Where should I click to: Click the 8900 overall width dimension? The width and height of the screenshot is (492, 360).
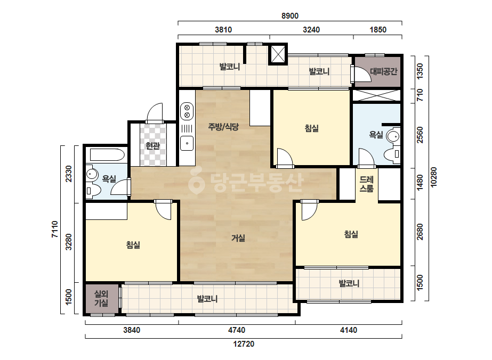289,15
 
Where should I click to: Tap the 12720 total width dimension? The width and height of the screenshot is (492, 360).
244,344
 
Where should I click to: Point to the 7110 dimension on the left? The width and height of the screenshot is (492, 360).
55,229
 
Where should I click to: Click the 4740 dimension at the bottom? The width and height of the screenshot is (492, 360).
237,330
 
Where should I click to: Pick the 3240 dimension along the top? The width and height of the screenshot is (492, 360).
311,30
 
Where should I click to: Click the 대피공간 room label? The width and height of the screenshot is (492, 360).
383,71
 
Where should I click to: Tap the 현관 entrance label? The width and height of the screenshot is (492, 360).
153,146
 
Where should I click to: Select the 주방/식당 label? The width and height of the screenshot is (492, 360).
223,127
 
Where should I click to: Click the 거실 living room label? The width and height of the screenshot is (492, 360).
238,239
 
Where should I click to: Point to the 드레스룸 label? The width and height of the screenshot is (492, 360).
367,184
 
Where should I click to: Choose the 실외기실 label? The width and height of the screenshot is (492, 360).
101,299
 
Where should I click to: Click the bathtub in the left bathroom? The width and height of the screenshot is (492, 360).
107,154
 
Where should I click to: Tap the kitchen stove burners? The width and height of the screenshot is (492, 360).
187,111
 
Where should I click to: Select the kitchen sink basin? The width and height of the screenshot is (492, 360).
187,144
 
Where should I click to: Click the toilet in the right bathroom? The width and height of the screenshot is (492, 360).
392,154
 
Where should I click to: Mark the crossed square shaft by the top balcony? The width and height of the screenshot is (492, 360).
278,54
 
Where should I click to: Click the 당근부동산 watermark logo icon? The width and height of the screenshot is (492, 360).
196,183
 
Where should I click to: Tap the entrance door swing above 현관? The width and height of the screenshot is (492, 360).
155,113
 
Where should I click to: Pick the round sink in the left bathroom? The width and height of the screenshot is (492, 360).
92,174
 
